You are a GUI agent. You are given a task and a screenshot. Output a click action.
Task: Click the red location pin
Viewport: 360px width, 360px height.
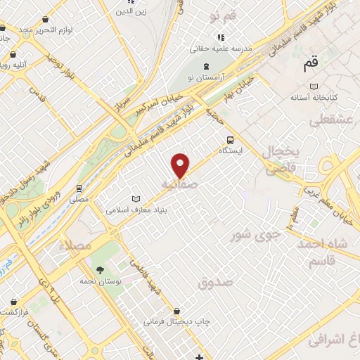tap(181, 165)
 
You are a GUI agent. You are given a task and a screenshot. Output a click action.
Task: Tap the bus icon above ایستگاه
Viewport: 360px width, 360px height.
tap(229, 139)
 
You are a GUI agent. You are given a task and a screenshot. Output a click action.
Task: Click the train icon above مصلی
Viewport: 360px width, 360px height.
tap(79, 188)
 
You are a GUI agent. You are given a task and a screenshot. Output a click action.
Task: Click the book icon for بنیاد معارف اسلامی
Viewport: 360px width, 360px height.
tap(136, 199)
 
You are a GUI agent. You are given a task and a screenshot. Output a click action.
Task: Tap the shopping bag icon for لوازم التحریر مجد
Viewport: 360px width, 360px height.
tap(3, 29)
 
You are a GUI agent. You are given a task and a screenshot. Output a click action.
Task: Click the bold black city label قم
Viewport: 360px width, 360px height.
tap(310, 65)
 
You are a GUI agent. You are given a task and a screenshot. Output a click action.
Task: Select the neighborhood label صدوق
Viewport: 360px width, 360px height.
tap(215, 283)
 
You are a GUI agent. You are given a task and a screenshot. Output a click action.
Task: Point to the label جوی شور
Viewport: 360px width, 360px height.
tap(256, 234)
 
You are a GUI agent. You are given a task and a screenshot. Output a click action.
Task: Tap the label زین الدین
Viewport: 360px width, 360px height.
tap(132, 11)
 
